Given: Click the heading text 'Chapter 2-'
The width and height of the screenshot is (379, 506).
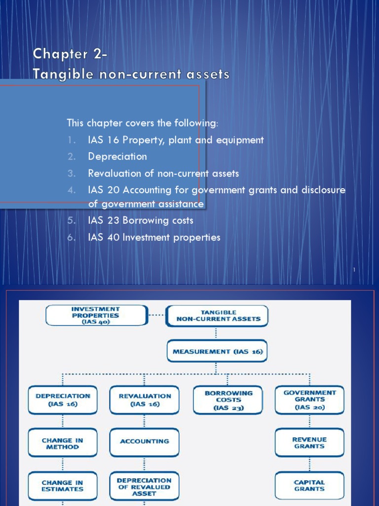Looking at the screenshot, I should point(70,54).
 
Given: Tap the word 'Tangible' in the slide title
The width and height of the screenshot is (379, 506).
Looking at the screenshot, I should point(55,74).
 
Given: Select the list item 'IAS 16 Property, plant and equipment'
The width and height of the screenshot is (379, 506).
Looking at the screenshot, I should point(176,140).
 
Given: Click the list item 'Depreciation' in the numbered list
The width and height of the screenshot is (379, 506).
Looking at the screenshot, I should point(117,157).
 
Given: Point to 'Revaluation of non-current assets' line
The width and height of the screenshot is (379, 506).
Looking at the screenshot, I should point(163,173).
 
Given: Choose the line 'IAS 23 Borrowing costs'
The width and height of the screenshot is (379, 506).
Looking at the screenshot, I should point(141,220).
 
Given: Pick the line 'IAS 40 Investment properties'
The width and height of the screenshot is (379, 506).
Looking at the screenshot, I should point(154,237).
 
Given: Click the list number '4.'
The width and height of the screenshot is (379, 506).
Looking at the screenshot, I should point(72,190).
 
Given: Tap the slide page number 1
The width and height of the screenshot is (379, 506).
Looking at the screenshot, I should point(354,270).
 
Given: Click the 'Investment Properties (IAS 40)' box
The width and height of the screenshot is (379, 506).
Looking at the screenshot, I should point(96,315).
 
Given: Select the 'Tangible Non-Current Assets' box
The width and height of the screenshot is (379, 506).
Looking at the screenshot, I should point(217,316).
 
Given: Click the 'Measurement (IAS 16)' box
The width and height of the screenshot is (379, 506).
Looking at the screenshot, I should point(217,351).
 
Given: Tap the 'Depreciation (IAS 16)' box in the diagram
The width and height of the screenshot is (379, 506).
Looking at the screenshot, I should point(63,400).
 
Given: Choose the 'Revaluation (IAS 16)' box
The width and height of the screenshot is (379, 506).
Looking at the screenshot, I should point(145,400).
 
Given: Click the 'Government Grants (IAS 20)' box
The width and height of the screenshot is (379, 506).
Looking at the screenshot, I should point(309,400).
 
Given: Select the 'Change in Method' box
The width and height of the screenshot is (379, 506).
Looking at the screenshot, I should point(63,443).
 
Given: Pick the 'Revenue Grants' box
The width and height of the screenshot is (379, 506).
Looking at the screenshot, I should point(309,442).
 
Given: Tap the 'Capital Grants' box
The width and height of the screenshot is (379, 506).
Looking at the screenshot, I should point(309,485).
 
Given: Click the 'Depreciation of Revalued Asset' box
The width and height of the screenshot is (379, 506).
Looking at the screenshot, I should point(145,486).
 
